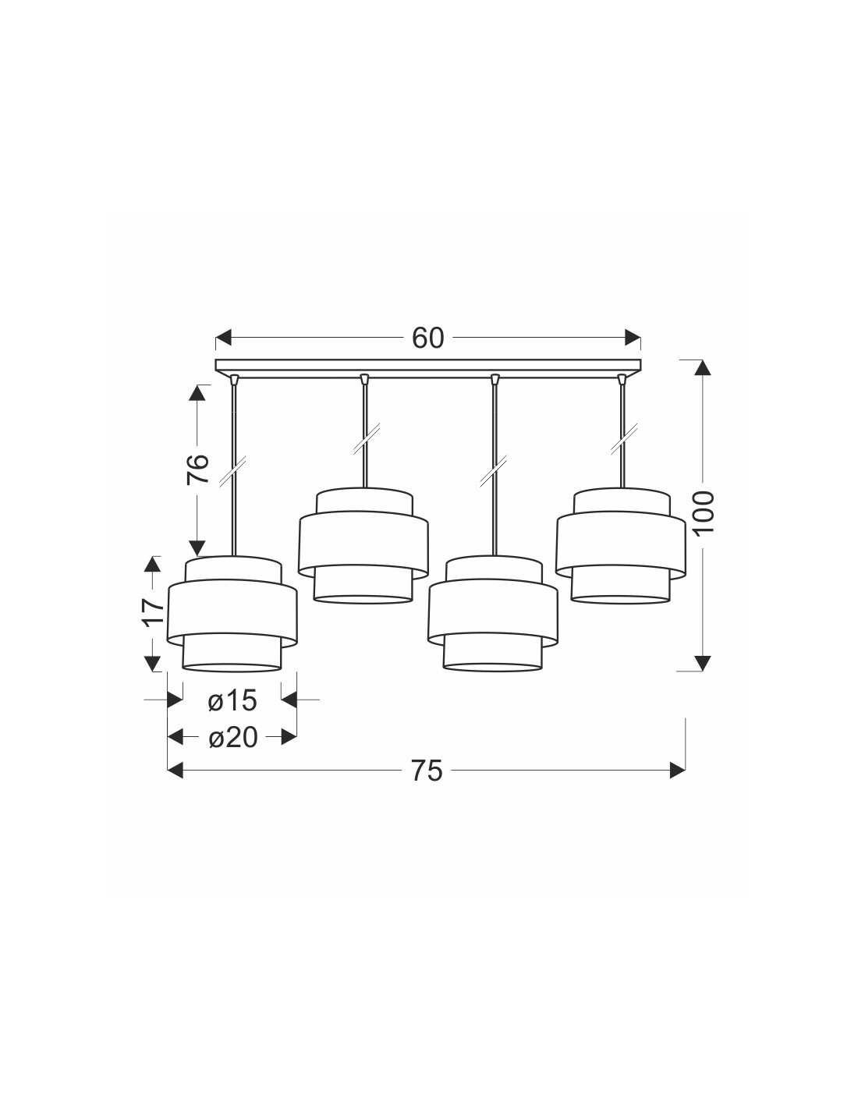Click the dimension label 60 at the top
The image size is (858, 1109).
tap(427, 338)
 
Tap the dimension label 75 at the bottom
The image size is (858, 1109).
tap(427, 771)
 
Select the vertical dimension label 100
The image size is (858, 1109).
tap(704, 512)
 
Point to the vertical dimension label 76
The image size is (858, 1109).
tap(198, 469)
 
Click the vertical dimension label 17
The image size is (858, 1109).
tap(153, 611)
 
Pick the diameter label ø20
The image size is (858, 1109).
tap(232, 738)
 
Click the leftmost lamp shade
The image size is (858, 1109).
tap(232, 614)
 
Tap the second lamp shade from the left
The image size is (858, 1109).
tap(363, 547)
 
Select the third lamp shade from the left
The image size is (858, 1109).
tap(492, 614)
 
